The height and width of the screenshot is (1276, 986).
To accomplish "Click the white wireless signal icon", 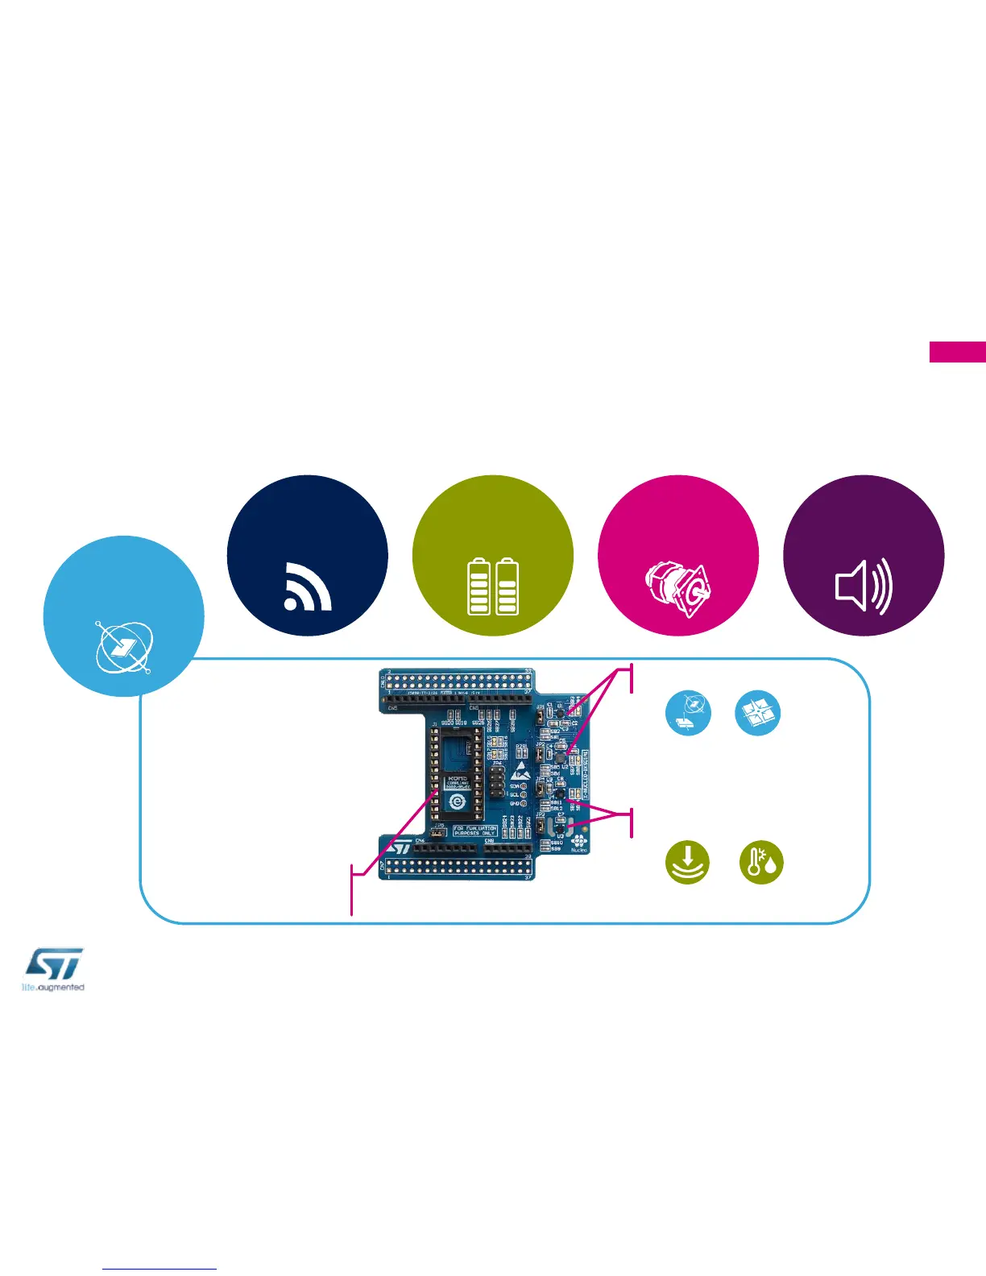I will (308, 586).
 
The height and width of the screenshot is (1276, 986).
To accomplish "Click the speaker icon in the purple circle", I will (864, 586).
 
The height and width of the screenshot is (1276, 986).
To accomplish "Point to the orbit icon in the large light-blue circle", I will (123, 646).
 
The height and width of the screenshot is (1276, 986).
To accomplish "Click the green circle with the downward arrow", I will (687, 862).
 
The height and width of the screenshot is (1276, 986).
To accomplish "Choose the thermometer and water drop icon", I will (761, 862).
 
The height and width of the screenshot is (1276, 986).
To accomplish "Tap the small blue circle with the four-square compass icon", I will (758, 713).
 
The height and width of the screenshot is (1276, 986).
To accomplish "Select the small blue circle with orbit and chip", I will (688, 713).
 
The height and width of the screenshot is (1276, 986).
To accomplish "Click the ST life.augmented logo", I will (53, 969).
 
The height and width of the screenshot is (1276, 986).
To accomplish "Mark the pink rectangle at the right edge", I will (957, 352).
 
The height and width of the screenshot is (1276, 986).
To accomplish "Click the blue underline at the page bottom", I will (159, 1269).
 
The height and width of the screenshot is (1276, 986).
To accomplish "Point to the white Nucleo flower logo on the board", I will (579, 840).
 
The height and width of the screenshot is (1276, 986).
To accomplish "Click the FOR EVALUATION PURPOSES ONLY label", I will (474, 831).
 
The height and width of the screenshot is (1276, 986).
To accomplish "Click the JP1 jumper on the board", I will (539, 714).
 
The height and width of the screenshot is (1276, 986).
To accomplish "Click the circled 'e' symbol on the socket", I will (458, 802).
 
